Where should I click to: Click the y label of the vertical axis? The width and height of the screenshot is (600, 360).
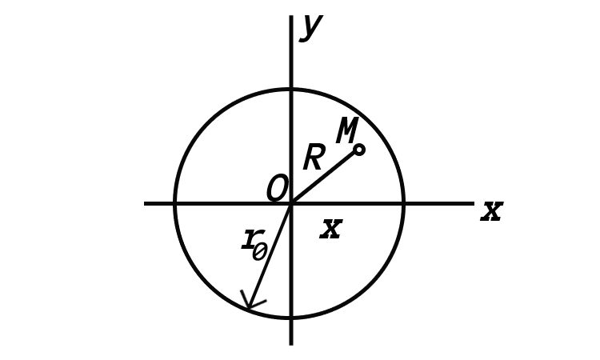[x=311, y=27]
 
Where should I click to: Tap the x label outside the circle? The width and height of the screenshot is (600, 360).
[x=492, y=211]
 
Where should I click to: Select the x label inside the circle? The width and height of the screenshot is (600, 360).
[x=331, y=229]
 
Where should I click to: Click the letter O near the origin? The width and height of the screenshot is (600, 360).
[x=277, y=187]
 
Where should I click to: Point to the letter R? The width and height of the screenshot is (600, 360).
[x=314, y=158]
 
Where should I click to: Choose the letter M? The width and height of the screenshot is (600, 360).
[x=347, y=130]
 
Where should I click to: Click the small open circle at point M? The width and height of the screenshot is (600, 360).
[x=359, y=150]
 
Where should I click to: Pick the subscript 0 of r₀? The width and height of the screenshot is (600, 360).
[x=260, y=253]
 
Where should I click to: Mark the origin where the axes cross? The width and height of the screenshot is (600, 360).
[x=291, y=203]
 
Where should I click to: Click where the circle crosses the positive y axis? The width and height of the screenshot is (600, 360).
[x=291, y=89]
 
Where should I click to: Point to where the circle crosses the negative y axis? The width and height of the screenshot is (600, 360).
[x=291, y=317]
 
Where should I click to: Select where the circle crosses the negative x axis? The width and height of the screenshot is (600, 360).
[x=175, y=203]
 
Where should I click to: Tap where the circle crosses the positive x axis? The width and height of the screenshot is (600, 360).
[x=403, y=203]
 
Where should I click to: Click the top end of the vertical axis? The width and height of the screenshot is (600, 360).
[x=291, y=16]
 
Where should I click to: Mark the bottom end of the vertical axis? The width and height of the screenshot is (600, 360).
[x=291, y=344]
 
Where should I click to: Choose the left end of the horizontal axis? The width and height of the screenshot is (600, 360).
[x=145, y=203]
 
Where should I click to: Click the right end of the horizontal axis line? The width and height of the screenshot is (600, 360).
[x=473, y=203]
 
